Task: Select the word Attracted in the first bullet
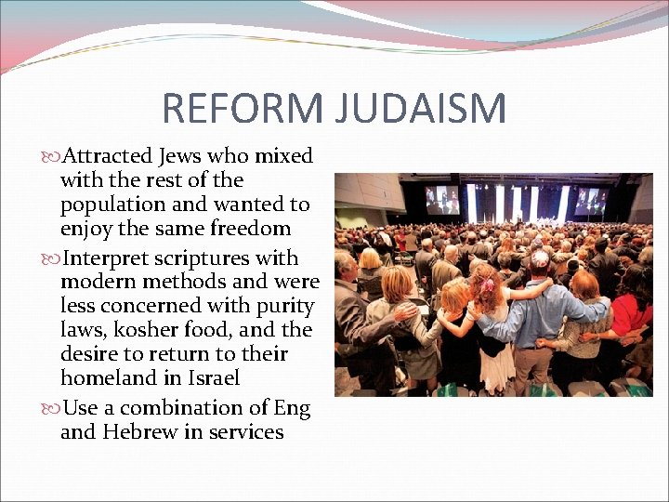(x=115, y=156)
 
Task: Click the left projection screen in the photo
(x=441, y=199)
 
